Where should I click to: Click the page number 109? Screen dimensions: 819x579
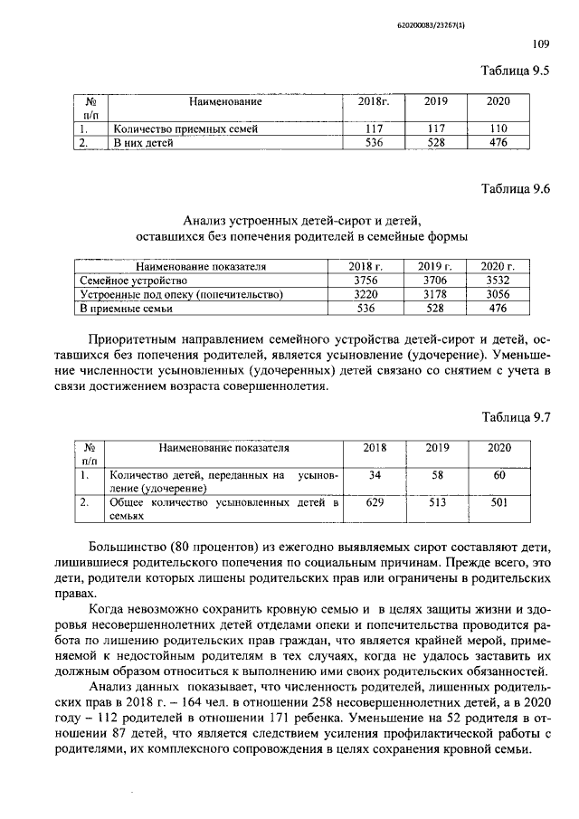point(541,42)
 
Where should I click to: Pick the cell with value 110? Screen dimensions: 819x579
point(498,129)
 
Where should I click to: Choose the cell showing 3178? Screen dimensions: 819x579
point(434,294)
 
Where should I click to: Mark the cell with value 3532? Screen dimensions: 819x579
point(498,281)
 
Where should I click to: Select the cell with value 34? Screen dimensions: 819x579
point(374,475)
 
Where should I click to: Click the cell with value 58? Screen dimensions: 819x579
point(437,475)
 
